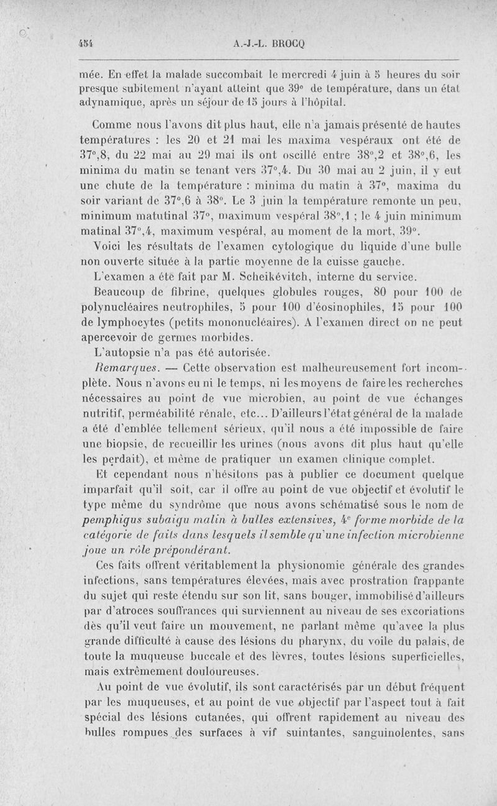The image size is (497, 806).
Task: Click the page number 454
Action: tap(82, 44)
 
